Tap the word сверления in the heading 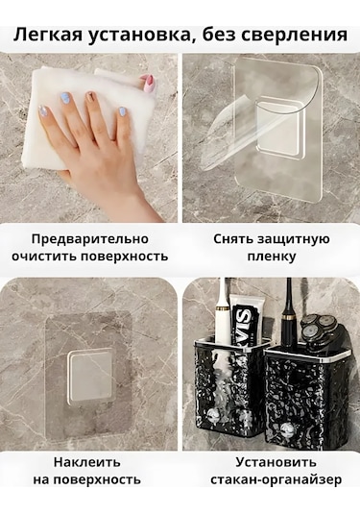[x=300, y=35]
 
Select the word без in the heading [x=228, y=35]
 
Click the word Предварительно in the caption [x=90, y=238]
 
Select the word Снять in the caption [x=232, y=238]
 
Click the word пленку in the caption [x=269, y=257]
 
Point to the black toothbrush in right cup [x=289, y=307]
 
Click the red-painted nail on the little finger [x=149, y=83]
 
